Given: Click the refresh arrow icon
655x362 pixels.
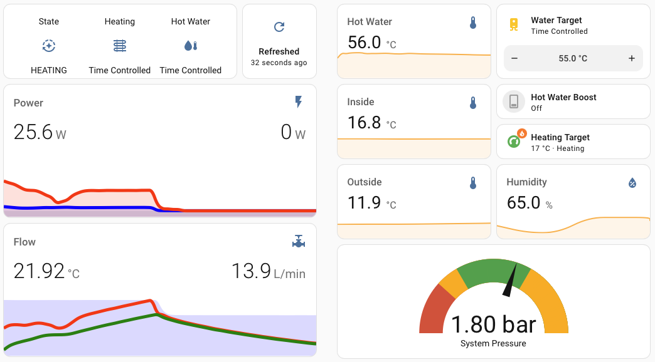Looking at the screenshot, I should [x=279, y=27].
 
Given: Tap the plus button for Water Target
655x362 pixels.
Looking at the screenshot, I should [x=631, y=58].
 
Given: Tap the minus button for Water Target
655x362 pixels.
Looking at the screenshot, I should [x=514, y=58].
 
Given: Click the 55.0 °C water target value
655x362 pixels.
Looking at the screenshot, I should [x=573, y=58].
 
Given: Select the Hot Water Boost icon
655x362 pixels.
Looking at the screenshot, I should [x=514, y=101].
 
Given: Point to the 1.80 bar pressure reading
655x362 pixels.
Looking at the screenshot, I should [x=493, y=324].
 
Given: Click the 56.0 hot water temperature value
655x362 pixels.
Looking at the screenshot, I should [x=365, y=42].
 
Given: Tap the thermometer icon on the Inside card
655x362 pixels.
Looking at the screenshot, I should [x=473, y=103].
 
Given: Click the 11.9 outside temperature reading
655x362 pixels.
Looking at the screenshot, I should [x=364, y=202].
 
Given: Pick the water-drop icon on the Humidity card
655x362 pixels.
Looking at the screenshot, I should [x=632, y=183].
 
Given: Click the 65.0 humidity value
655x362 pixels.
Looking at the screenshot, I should [x=523, y=202].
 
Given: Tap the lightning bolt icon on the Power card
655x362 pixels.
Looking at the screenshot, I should [x=298, y=102].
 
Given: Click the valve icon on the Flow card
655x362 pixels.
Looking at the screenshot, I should [x=298, y=241].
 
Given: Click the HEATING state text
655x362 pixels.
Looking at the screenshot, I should [x=49, y=70].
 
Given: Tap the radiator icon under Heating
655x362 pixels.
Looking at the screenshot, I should [x=120, y=46].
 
